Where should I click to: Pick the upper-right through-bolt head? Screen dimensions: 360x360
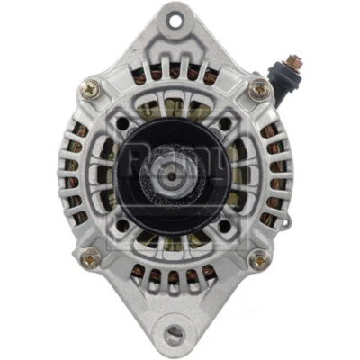click(259, 88)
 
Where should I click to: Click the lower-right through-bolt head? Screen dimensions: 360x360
click(259, 260)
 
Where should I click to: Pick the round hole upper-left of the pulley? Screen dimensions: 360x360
click(118, 114)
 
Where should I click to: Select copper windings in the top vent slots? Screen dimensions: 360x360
click(176, 76)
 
